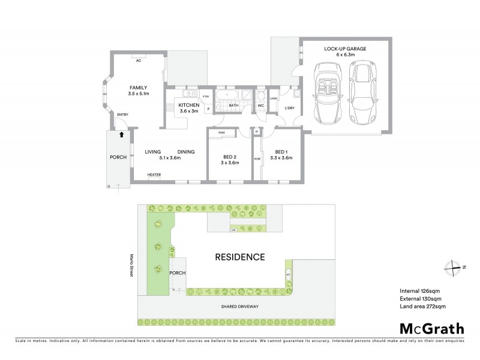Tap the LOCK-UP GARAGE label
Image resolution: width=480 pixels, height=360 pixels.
(345, 48)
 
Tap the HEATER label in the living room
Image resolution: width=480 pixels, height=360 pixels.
(154, 175)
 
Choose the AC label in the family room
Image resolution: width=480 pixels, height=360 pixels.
(139, 60)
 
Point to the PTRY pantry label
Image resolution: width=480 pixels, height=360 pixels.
(205, 97)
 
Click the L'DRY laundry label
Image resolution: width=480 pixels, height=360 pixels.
(289, 108)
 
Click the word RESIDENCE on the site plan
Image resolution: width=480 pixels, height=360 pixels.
(240, 257)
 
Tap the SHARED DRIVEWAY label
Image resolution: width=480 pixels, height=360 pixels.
(239, 305)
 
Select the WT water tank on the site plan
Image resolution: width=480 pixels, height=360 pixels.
(288, 274)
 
